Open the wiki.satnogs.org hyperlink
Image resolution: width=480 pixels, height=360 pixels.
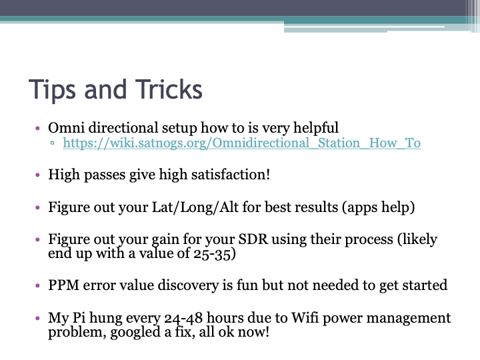click(241, 143)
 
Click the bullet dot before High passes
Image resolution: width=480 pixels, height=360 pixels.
click(38, 175)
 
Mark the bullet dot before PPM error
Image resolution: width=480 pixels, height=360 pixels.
click(38, 286)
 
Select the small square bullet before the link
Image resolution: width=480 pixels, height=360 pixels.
click(53, 144)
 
